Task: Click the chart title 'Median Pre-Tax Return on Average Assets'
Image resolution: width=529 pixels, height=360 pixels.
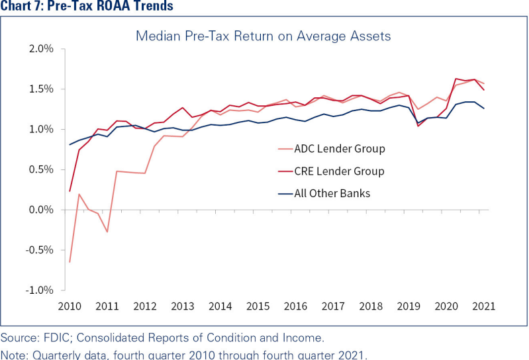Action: pos(264,35)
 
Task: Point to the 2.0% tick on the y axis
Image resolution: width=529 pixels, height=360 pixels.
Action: pos(40,49)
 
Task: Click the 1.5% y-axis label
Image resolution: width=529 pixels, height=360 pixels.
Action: pos(40,89)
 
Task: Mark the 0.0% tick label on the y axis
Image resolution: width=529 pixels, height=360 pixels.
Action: pos(40,210)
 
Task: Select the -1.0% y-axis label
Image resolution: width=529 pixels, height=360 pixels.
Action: pos(39,291)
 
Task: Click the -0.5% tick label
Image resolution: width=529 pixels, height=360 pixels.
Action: pos(39,250)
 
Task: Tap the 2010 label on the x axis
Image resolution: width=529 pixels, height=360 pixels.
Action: pos(69,306)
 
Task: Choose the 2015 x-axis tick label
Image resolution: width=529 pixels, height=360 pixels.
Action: pos(258,306)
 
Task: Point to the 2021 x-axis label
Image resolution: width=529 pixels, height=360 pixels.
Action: pos(485,306)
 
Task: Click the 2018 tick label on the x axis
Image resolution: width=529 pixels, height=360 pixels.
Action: pos(371,306)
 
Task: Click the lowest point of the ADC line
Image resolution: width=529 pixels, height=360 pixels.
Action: pos(70,262)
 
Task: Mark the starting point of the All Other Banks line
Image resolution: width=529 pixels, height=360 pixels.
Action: pos(70,144)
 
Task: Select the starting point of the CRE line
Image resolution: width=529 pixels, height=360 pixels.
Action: pos(70,191)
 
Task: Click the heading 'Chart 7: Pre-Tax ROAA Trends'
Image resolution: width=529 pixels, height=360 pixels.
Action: pos(87,7)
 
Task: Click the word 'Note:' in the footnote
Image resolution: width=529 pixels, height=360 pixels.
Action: pos(15,354)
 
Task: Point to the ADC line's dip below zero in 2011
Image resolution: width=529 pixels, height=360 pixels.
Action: pos(107,232)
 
